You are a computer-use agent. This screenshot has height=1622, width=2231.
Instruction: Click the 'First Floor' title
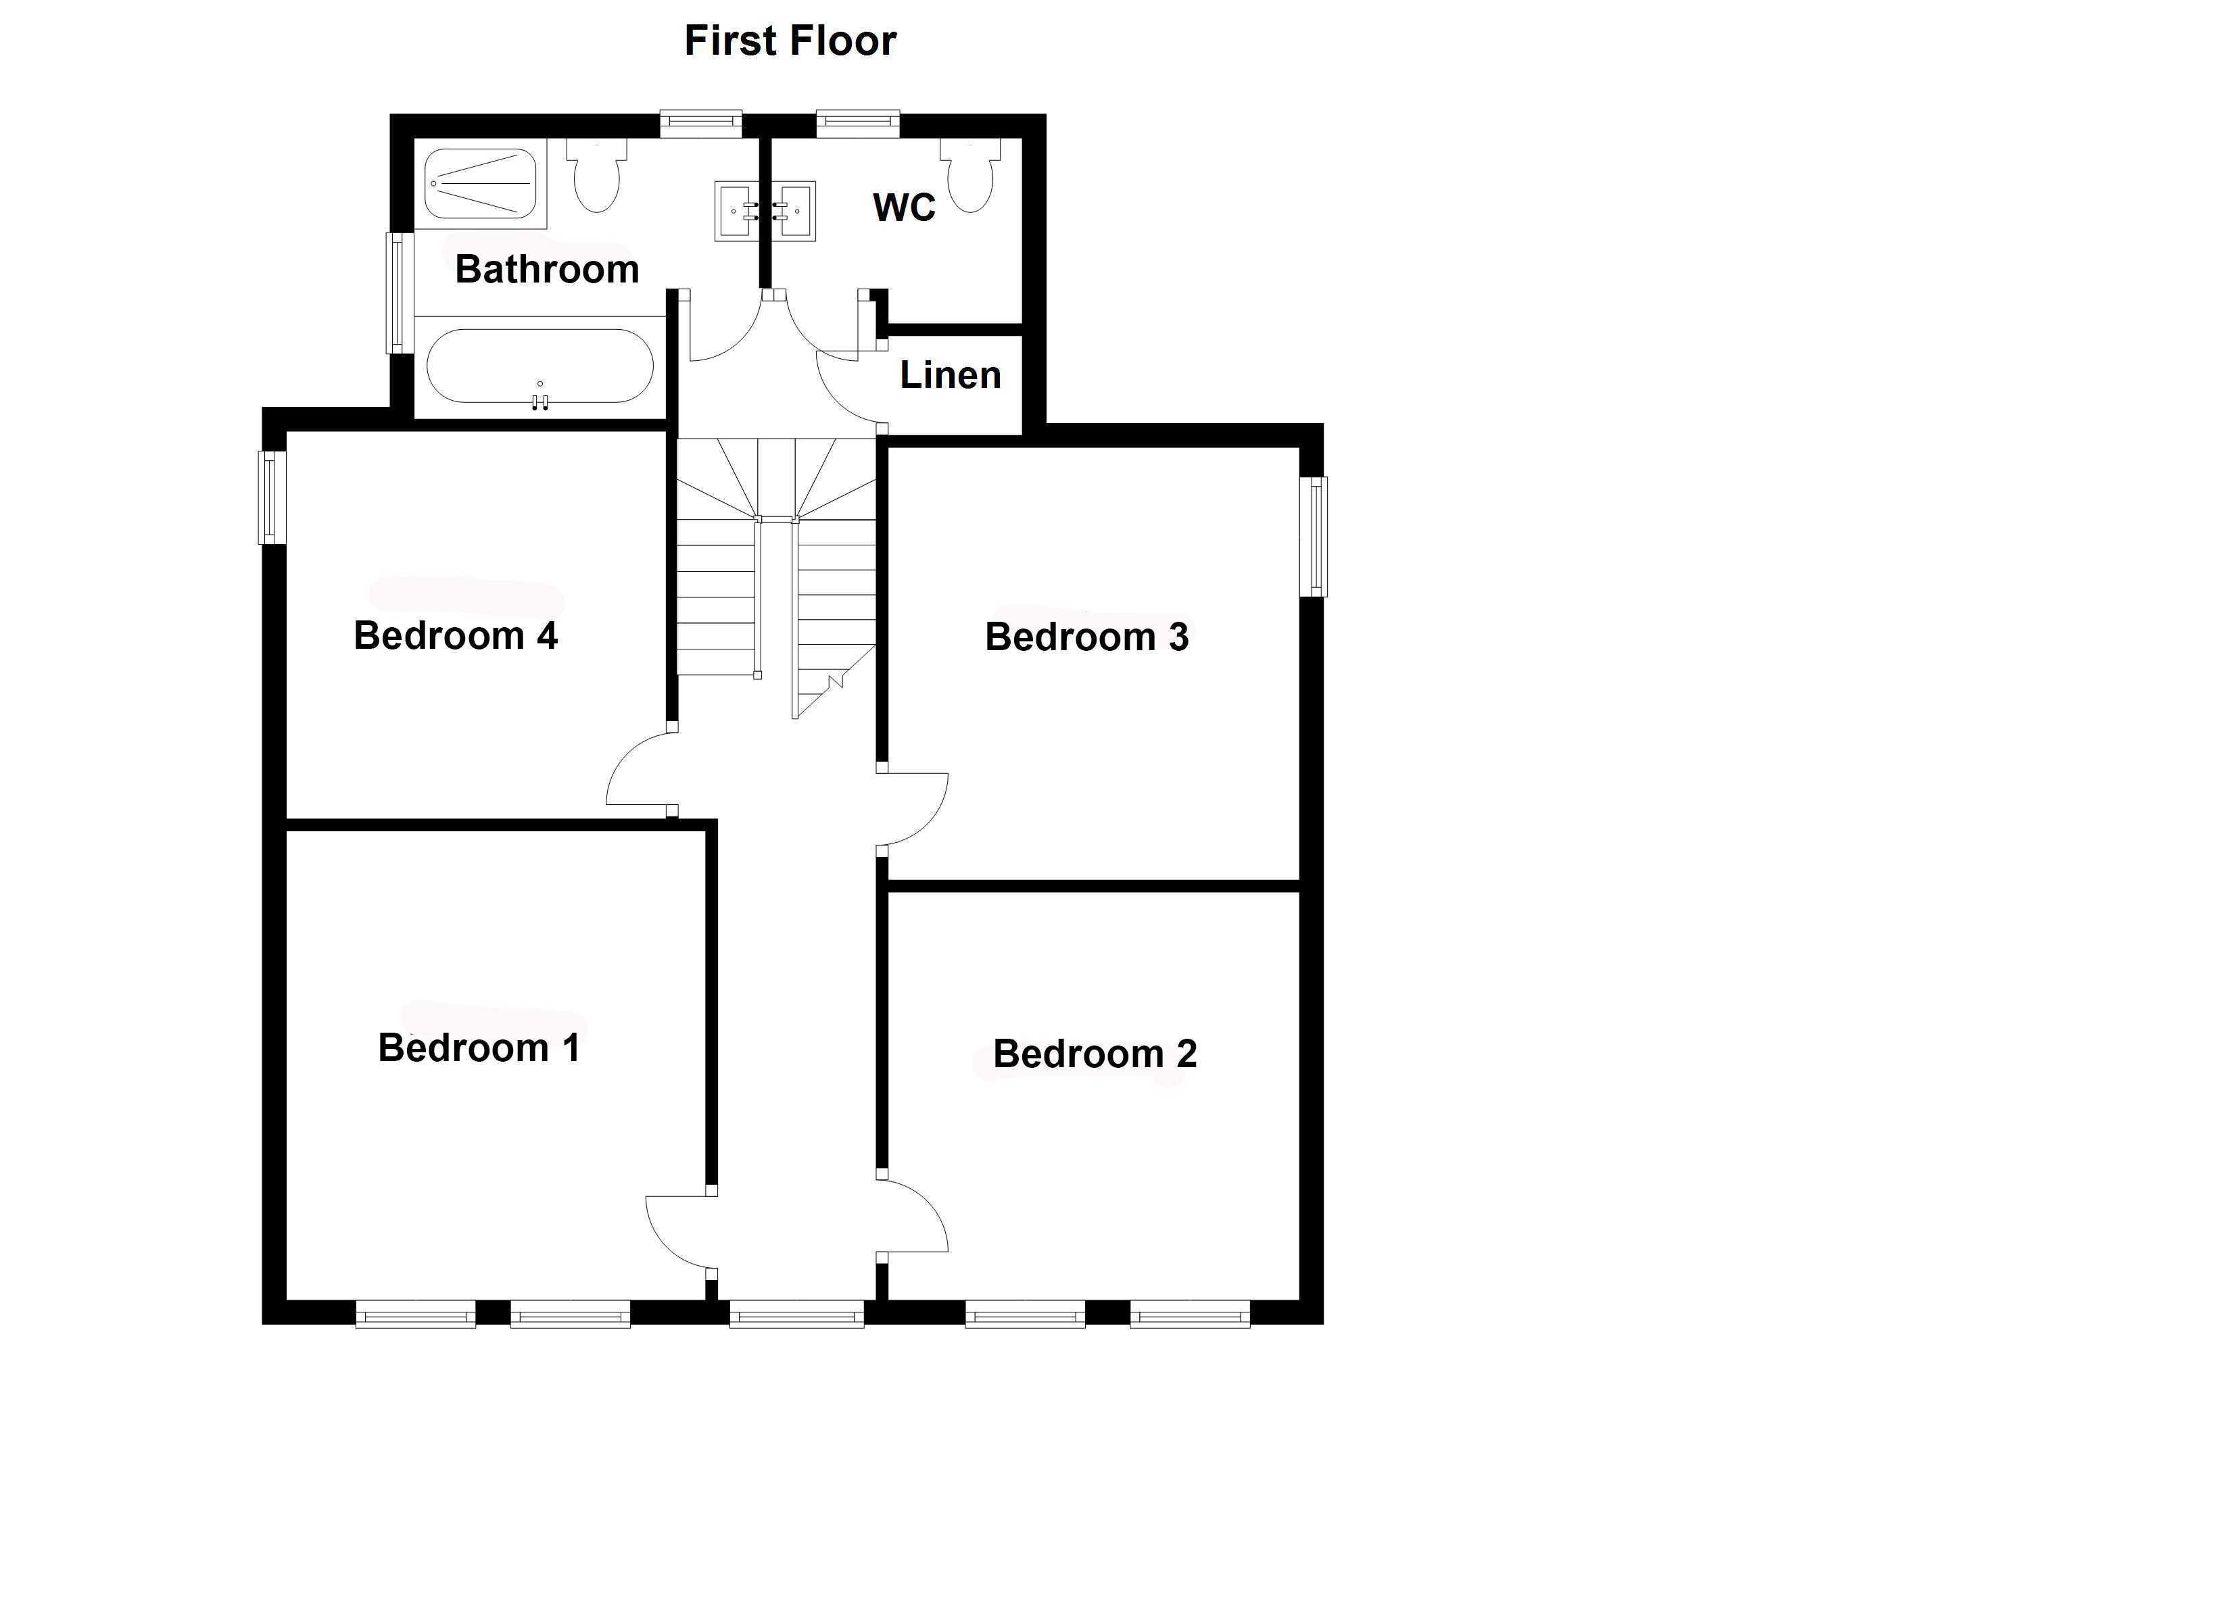[x=790, y=41]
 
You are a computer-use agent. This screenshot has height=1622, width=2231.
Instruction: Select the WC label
[x=904, y=207]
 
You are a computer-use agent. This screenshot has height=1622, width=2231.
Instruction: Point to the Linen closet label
[x=951, y=375]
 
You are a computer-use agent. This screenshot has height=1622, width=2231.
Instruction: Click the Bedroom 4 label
[x=456, y=635]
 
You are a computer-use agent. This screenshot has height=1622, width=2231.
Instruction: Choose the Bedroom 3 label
[x=1087, y=637]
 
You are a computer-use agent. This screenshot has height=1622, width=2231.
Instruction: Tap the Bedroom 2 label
[x=1095, y=1054]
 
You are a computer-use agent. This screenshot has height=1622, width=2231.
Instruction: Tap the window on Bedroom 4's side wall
[x=272, y=497]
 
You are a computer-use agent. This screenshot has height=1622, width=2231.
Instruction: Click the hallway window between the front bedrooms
[x=797, y=1314]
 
